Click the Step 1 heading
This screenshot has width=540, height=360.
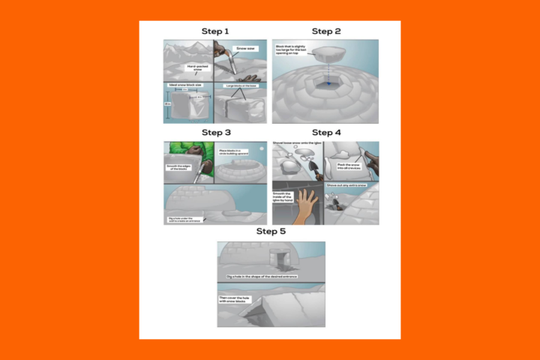click(215, 31)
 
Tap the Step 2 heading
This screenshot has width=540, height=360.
click(326, 31)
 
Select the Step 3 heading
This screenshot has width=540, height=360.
click(215, 133)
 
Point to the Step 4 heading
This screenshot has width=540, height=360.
click(326, 133)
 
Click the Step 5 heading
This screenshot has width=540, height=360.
click(271, 232)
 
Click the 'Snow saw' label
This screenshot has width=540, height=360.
click(245, 48)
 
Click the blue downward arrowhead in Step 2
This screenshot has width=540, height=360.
click(325, 87)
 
